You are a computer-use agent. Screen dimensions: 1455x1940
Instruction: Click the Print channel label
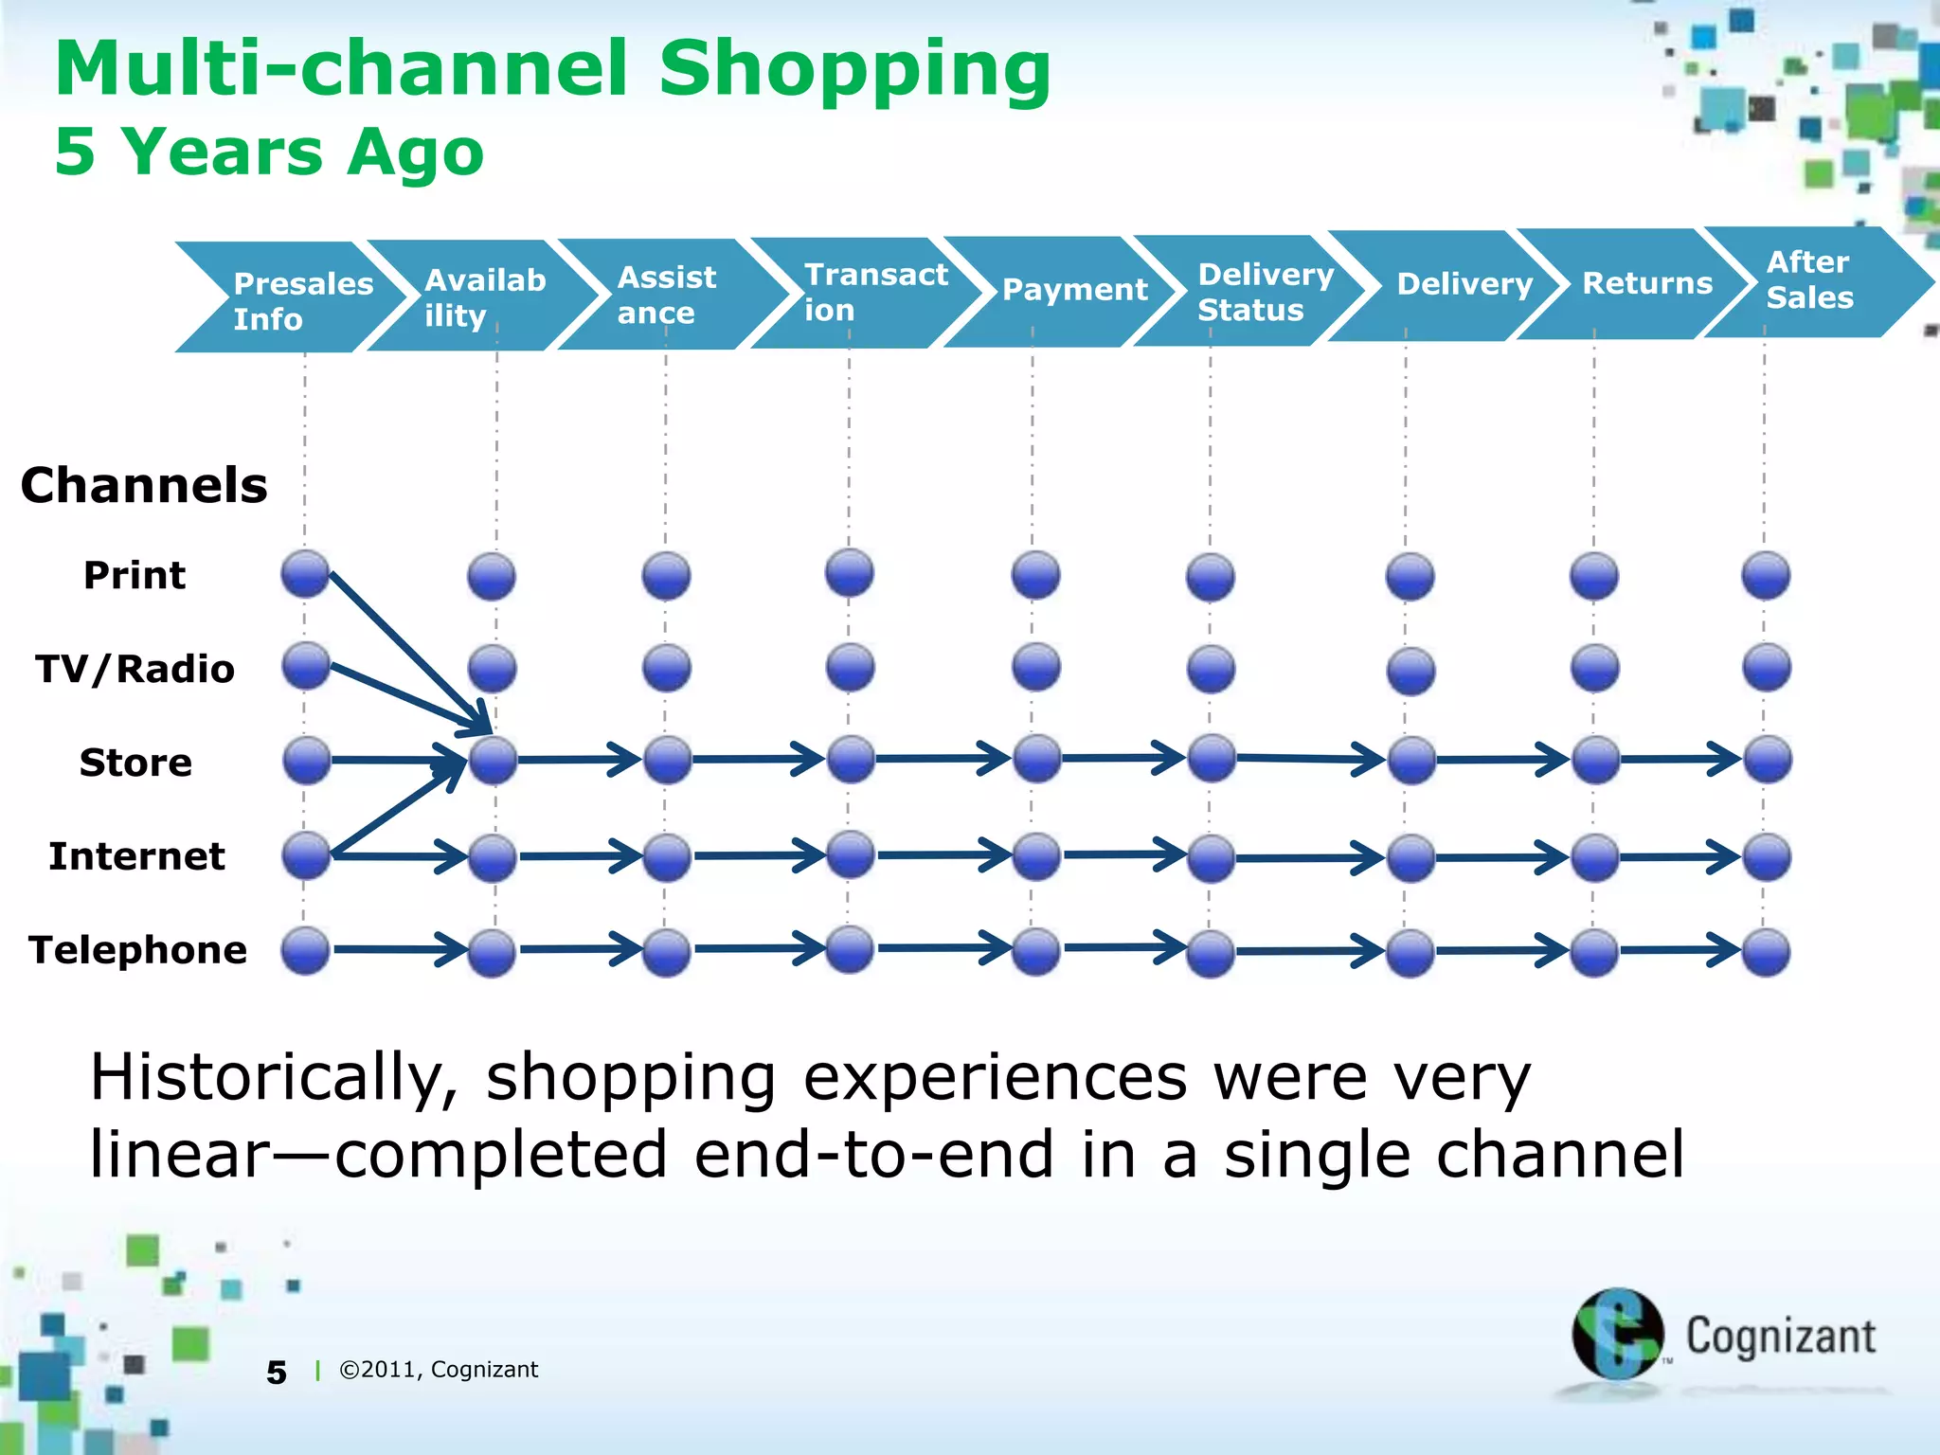coord(135,575)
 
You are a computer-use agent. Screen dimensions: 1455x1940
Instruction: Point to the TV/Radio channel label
coord(135,669)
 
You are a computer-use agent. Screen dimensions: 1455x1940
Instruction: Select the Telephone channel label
coord(138,950)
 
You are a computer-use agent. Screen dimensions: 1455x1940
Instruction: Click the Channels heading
coord(144,485)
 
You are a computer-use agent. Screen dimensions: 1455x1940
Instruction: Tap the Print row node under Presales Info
coord(305,574)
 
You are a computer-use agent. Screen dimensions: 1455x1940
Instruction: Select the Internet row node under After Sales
coord(1766,856)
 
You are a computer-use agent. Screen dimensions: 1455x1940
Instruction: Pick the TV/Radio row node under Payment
coord(1035,667)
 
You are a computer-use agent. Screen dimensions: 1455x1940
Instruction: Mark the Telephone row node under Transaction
coord(850,949)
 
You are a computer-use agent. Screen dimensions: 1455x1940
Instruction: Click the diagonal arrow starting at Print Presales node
coord(407,650)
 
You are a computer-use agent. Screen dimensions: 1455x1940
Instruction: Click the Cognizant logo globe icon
coord(1616,1334)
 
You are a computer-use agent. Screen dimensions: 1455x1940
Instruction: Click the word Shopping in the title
coord(854,68)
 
